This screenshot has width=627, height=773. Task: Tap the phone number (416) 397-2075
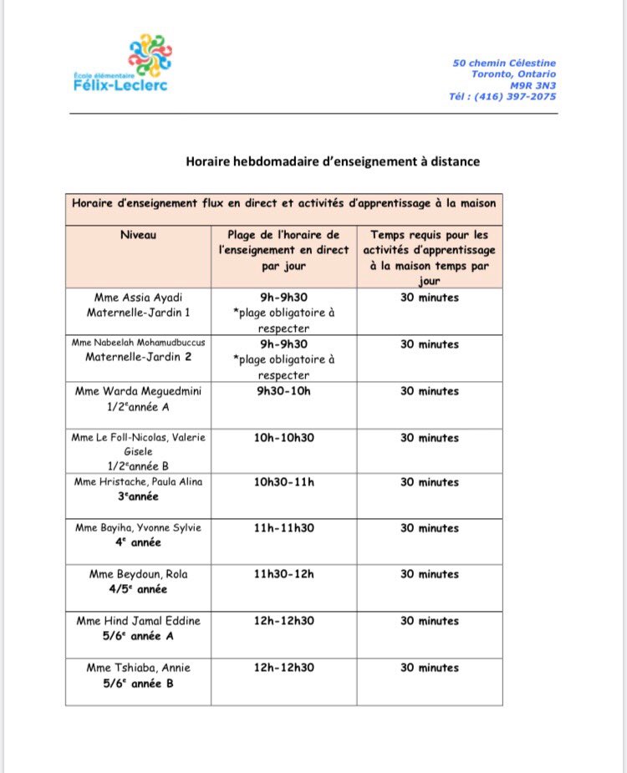[503, 96]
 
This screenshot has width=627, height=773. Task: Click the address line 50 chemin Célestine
[504, 63]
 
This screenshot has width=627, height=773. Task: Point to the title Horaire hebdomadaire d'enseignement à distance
[333, 161]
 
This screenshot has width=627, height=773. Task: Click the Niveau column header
[138, 235]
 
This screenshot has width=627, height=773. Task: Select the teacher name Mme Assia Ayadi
[138, 298]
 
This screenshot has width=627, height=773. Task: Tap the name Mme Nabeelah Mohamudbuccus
[138, 344]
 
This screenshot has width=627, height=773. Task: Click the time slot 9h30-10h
[283, 391]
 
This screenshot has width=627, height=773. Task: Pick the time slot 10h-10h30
[283, 438]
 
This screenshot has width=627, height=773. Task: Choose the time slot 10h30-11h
[283, 482]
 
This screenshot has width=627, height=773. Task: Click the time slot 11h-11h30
[283, 528]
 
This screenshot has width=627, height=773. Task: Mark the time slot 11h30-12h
[283, 574]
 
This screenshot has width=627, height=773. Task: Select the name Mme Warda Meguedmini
[138, 391]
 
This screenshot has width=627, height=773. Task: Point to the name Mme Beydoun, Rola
[138, 574]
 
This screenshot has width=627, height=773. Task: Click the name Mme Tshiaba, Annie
[138, 668]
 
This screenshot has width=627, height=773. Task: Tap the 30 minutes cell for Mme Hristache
[429, 482]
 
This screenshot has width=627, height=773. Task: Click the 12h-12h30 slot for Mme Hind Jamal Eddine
[283, 621]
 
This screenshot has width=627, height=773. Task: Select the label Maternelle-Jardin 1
[138, 313]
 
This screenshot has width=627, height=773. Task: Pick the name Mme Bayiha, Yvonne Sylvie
[138, 528]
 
